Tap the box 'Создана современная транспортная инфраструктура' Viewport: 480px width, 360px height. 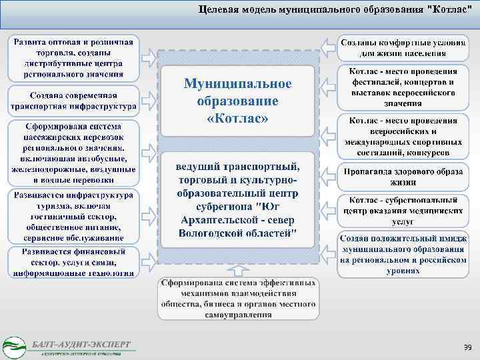[73, 100]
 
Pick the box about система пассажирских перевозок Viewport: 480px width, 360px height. [73, 153]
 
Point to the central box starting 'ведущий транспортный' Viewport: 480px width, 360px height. [238, 198]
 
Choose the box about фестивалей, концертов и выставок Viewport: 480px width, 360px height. [402, 87]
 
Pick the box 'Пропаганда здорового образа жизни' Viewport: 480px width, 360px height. [402, 176]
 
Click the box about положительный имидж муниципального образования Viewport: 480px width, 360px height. [402, 254]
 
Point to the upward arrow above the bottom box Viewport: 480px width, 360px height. [238, 268]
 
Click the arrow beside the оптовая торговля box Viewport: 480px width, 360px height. [151, 56]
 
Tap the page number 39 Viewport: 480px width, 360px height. [467, 347]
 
